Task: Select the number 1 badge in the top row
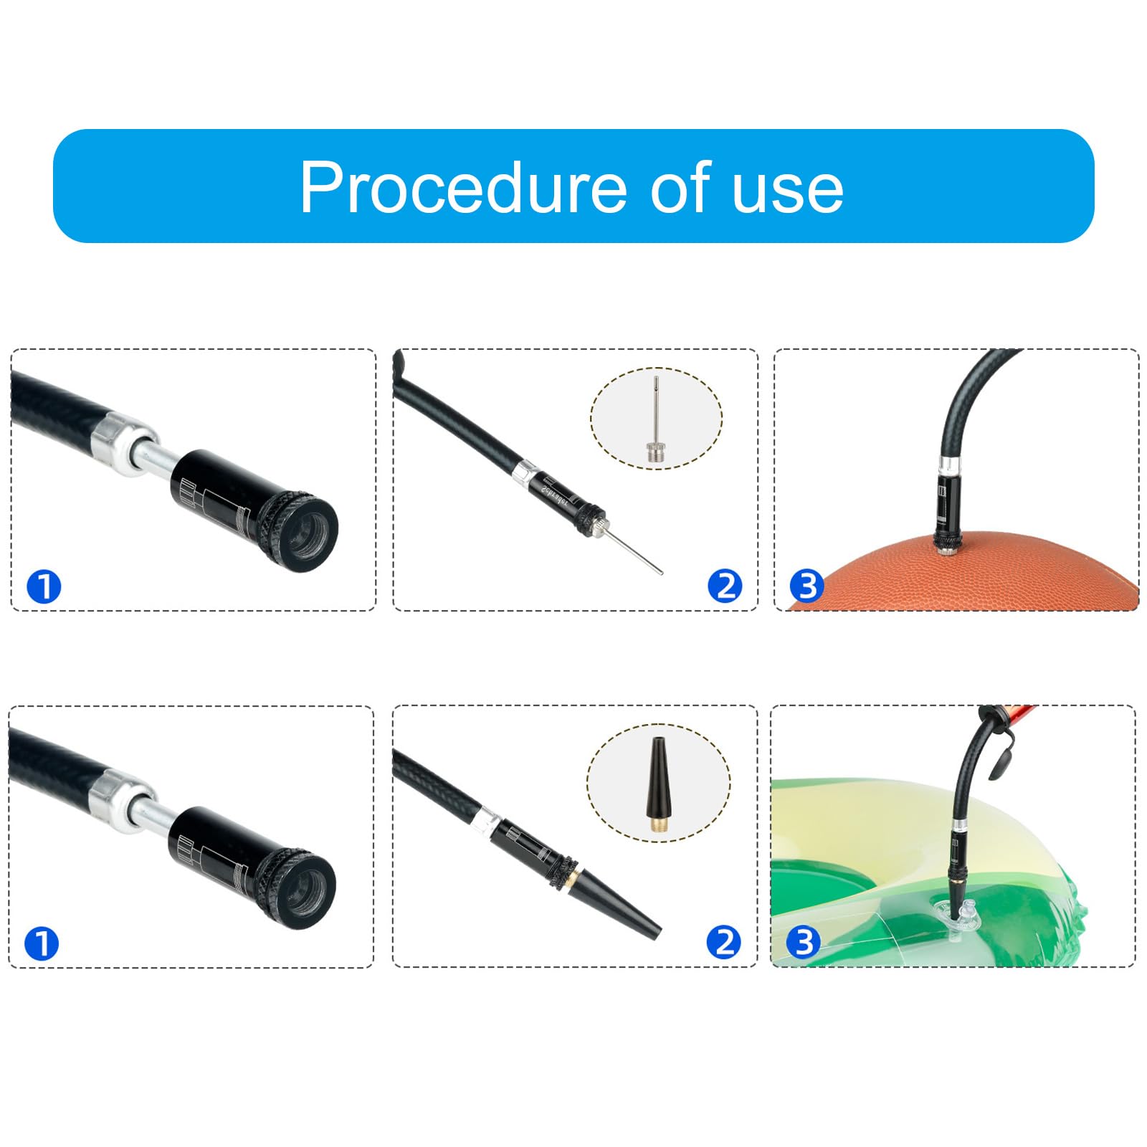[x=44, y=587]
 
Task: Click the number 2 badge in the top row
[x=725, y=586]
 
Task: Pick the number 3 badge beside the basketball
[x=806, y=586]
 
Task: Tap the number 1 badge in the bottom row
[x=42, y=943]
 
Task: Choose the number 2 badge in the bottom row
[x=723, y=942]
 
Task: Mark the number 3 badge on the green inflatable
[x=803, y=942]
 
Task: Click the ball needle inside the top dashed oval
[x=655, y=423]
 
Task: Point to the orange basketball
[x=1004, y=573]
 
